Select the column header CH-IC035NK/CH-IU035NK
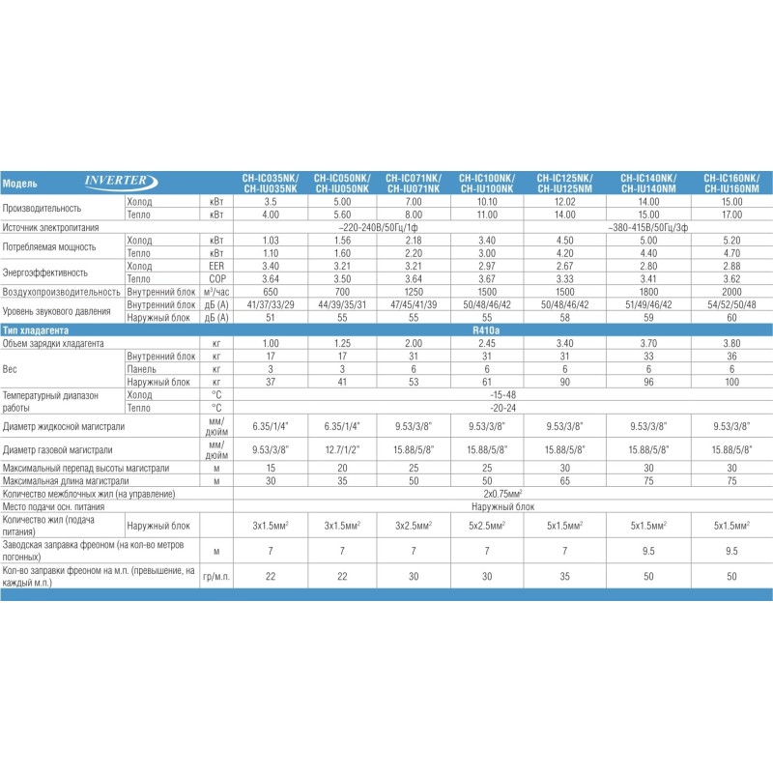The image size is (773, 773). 271,183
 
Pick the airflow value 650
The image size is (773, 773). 271,291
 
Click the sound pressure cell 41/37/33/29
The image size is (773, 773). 271,303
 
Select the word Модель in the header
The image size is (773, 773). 20,183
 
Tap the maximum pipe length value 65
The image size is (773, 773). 561,480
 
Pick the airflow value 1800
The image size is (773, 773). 646,291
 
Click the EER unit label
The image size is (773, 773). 217,266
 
